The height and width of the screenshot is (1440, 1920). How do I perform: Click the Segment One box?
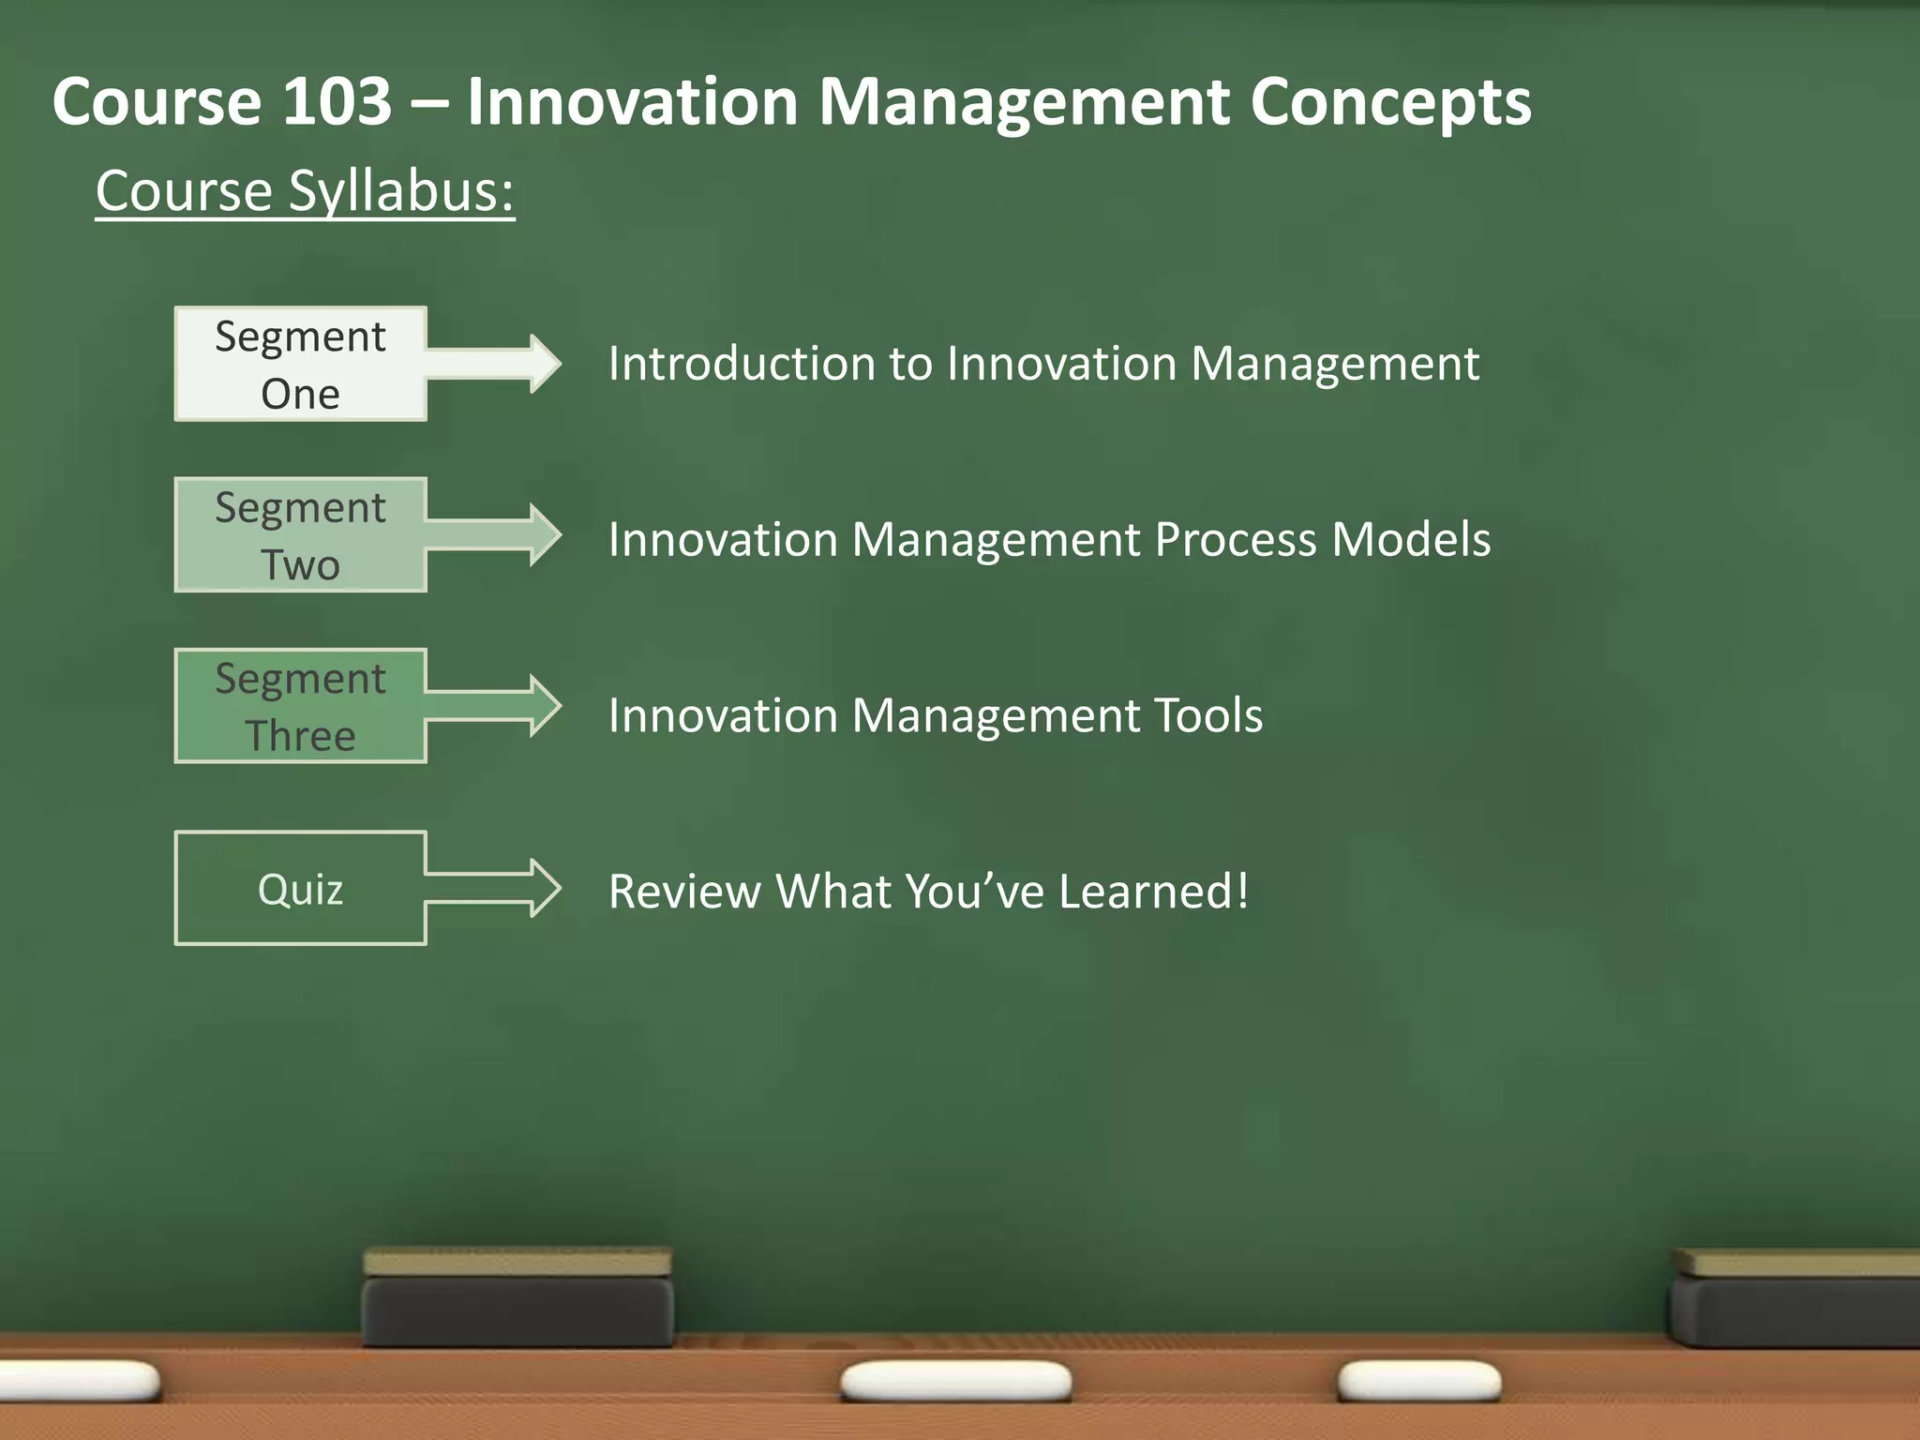coord(300,364)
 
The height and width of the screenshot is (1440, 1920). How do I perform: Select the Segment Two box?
coord(300,534)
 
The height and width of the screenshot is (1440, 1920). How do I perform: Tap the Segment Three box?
coord(300,705)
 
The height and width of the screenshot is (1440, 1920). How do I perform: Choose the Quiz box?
coord(300,888)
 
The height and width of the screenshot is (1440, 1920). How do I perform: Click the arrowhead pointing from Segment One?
coord(542,364)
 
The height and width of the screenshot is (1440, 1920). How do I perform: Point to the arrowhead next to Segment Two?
coord(542,534)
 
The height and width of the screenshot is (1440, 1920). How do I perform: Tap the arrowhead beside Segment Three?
coord(542,705)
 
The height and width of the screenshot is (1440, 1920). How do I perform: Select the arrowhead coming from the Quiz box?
coord(542,888)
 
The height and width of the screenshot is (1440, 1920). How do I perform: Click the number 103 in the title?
coord(336,101)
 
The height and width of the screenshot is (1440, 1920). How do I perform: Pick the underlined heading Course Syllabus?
coord(305,191)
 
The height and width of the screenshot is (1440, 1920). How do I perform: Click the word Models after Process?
coord(1411,540)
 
